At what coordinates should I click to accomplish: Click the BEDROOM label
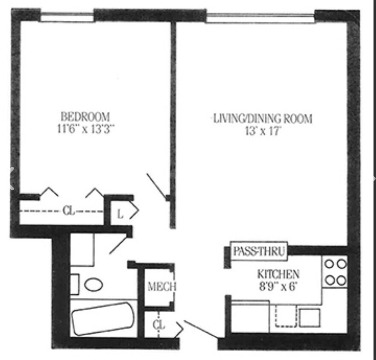click(85, 116)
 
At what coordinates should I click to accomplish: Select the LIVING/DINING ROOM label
click(263, 118)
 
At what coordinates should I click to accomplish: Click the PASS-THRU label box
click(259, 251)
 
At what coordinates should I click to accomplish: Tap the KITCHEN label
click(278, 274)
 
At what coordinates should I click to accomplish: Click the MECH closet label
click(161, 287)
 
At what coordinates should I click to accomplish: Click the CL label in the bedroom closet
click(68, 211)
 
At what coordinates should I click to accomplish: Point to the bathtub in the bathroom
click(103, 318)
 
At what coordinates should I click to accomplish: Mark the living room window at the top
click(260, 18)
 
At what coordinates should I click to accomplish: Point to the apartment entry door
click(200, 331)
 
